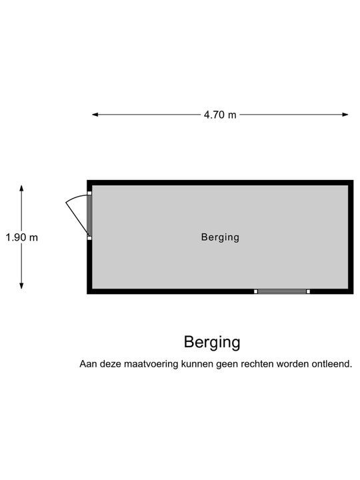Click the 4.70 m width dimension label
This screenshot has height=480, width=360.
[x=220, y=115]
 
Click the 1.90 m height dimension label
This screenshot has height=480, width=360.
[x=22, y=237]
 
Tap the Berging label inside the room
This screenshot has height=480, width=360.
[x=220, y=237]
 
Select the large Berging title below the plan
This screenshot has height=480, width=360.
[x=212, y=343]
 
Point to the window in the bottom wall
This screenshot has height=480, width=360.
[x=282, y=291]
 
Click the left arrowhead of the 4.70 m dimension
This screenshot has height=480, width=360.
[x=95, y=115]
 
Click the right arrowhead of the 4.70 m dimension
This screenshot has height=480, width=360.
[x=345, y=115]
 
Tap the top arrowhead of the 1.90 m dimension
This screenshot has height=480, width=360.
[x=21, y=188]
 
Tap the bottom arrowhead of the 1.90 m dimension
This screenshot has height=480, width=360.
[x=21, y=286]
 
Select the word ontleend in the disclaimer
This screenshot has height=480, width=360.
[x=332, y=364]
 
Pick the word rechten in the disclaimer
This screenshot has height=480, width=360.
[x=257, y=364]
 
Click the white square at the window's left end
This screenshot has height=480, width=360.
[x=255, y=291]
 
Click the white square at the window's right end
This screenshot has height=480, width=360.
[x=308, y=291]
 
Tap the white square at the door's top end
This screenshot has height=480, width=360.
[x=89, y=193]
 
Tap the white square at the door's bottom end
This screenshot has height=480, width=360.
[x=89, y=238]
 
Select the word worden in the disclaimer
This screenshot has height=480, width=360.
[x=293, y=364]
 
